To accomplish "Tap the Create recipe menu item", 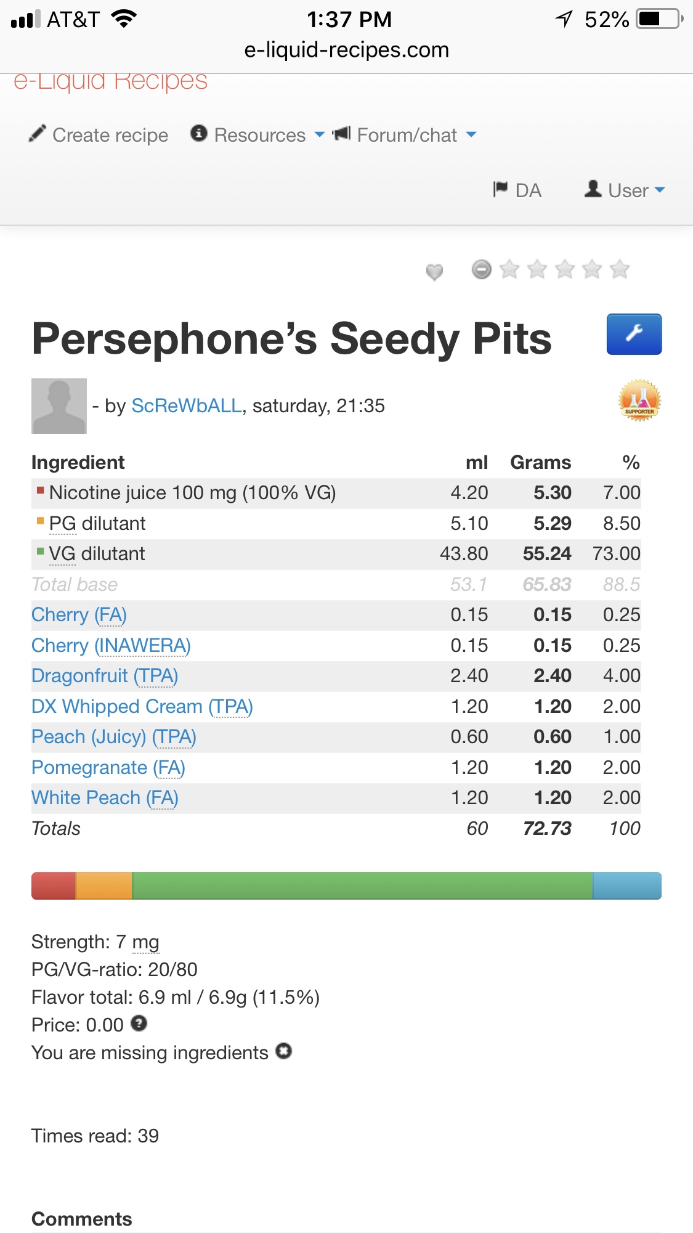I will (x=99, y=135).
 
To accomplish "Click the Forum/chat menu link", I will (x=405, y=135).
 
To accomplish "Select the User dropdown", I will (x=625, y=190).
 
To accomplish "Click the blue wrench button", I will (x=634, y=334).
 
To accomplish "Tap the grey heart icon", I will (x=434, y=271).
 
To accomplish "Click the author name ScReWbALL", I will (x=187, y=406).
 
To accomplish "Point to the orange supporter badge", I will (x=639, y=401).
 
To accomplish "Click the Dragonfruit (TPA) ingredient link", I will (x=105, y=676).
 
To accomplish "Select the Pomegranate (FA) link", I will (x=108, y=768).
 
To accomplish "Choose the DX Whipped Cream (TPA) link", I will (x=142, y=707).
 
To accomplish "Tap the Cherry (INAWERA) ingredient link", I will (x=111, y=646).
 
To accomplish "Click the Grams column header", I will (x=540, y=463).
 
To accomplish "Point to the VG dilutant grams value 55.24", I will (x=546, y=554).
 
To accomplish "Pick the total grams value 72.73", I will (x=546, y=829).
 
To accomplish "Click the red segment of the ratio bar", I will (x=54, y=885).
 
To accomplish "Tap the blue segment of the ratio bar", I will (x=626, y=885).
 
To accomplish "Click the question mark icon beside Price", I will (x=139, y=1023).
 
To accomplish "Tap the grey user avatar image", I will (x=59, y=406).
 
